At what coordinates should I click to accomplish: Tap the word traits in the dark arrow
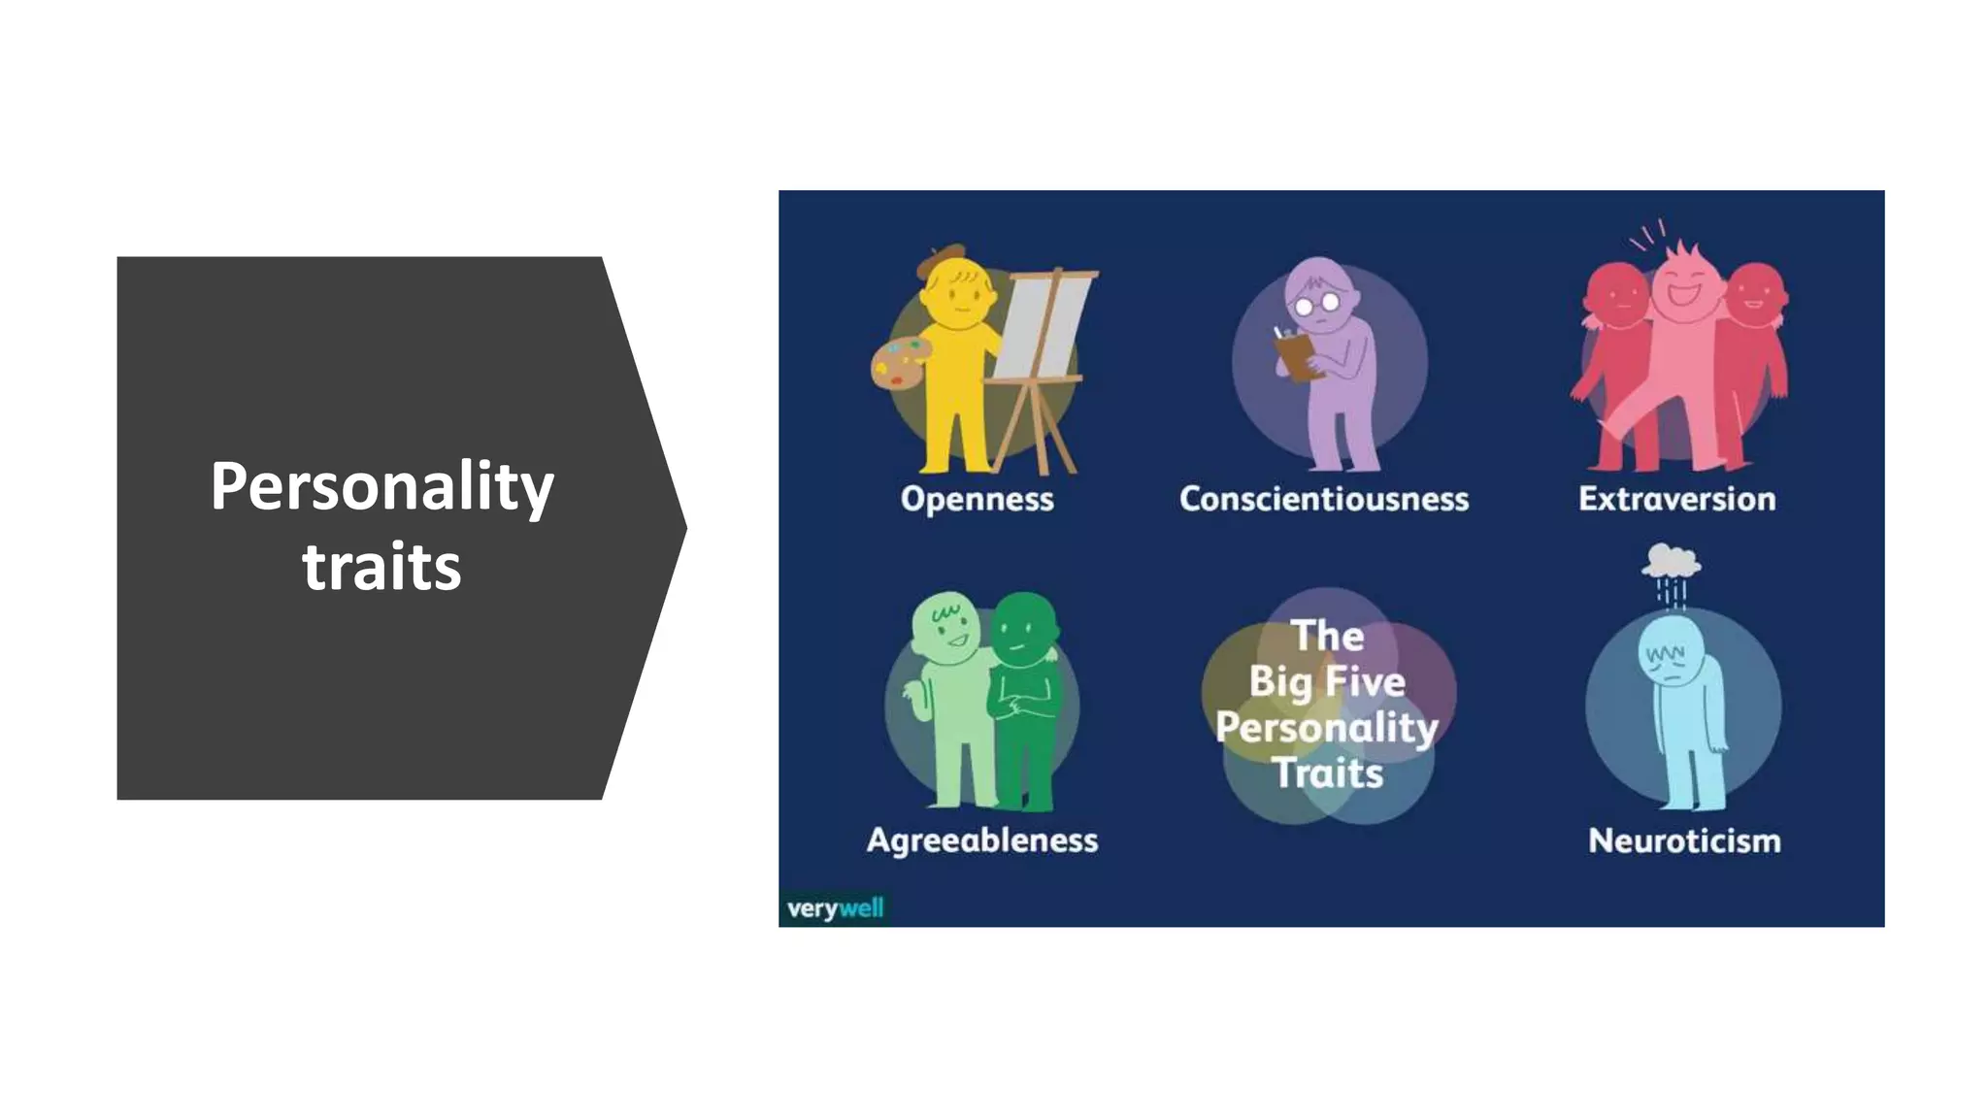[x=381, y=567]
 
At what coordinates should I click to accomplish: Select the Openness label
[x=977, y=499]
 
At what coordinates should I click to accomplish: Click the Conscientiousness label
[x=1324, y=499]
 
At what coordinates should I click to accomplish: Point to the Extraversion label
[x=1676, y=499]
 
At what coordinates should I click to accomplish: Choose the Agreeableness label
[x=982, y=839]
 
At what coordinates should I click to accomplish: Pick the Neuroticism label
[x=1684, y=840]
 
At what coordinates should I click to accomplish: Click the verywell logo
[x=835, y=909]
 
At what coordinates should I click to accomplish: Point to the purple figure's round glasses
[x=1317, y=305]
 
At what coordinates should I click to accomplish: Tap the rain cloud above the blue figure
[x=1670, y=560]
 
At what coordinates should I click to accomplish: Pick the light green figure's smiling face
[x=946, y=628]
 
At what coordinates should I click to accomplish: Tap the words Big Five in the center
[x=1327, y=681]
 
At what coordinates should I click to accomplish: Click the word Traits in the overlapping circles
[x=1328, y=773]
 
